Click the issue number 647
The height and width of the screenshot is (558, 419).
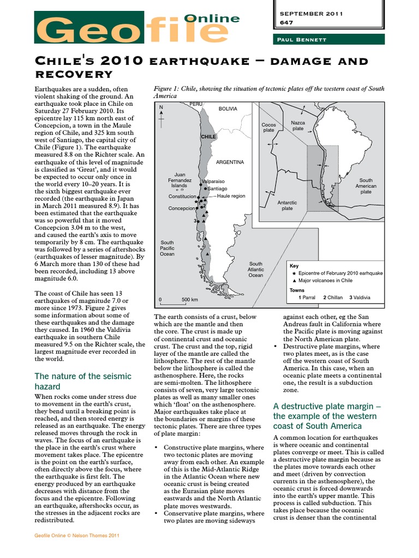point(286,23)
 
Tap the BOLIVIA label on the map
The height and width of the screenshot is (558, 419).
point(228,109)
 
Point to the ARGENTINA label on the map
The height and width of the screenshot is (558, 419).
point(230,162)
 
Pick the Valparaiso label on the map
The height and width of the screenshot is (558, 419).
point(213,181)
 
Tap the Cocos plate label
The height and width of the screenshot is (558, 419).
point(269,128)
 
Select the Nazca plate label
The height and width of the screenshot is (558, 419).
point(298,126)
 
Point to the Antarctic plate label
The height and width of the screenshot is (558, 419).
point(288,205)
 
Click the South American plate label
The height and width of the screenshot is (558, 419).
point(366,186)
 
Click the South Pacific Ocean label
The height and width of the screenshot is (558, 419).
point(167,248)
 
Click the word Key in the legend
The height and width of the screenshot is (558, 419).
point(294,265)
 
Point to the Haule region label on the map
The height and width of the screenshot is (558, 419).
point(231,196)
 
